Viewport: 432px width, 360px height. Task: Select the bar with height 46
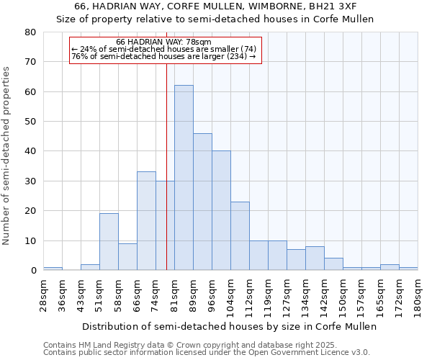202,202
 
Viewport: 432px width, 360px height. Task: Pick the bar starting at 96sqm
221,210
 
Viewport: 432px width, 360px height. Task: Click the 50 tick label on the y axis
30,122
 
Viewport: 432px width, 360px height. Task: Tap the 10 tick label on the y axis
30,240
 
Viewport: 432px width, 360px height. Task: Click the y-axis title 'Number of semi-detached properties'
7,155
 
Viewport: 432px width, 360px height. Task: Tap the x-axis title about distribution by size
229,326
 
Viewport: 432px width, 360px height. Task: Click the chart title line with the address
215,6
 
